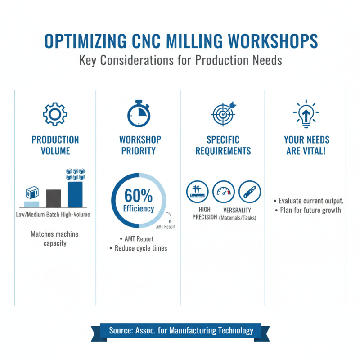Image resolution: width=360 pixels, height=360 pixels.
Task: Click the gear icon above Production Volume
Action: pyautogui.click(x=55, y=114)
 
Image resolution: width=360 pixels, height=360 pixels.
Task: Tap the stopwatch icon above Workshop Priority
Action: pyautogui.click(x=138, y=113)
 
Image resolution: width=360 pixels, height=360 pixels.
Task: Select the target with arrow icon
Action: pyautogui.click(x=223, y=113)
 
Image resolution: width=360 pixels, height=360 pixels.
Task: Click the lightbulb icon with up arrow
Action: pyautogui.click(x=306, y=112)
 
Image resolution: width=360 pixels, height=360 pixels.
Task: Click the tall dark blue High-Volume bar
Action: pyautogui.click(x=75, y=193)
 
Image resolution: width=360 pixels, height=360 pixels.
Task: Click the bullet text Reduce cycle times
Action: pyautogui.click(x=141, y=248)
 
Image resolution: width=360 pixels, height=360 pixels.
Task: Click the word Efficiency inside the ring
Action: pyautogui.click(x=138, y=208)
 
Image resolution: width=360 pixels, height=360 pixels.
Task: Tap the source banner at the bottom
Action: pyautogui.click(x=181, y=331)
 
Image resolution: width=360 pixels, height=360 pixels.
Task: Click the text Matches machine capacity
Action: pyautogui.click(x=55, y=238)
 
